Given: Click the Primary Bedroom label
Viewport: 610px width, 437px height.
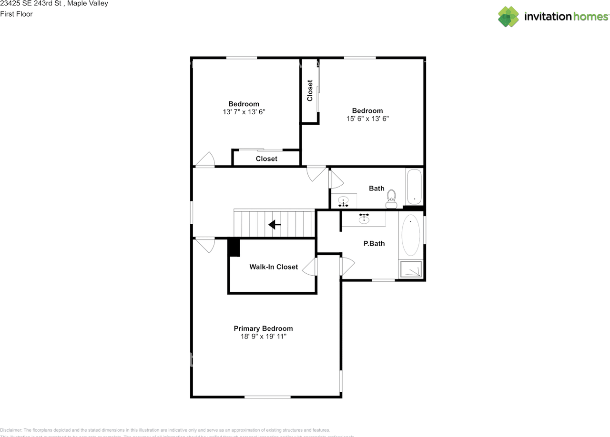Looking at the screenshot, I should (x=263, y=328).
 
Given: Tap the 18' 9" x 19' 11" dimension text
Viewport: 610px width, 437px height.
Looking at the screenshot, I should (x=263, y=337).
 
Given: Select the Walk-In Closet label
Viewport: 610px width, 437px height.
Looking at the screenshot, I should (x=274, y=267).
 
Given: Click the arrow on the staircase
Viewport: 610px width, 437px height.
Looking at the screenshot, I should (x=274, y=224).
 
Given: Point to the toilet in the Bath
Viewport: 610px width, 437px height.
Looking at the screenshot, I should (x=391, y=199).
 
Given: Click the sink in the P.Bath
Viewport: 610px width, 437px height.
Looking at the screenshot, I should (x=365, y=218).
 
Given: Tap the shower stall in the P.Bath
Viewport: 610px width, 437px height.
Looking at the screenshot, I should (x=411, y=269).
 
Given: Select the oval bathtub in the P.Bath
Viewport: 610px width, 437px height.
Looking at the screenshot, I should (x=411, y=236).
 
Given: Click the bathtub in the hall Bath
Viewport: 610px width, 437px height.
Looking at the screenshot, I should (x=414, y=187).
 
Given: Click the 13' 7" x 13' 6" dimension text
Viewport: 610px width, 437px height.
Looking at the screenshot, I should (x=244, y=112).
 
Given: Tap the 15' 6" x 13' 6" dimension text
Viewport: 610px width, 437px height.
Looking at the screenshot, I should (x=367, y=119).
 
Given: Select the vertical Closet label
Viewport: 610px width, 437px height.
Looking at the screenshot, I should (x=310, y=90).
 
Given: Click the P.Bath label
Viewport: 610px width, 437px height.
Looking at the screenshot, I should (x=374, y=244).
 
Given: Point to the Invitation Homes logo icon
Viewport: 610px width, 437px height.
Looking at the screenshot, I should (x=508, y=17).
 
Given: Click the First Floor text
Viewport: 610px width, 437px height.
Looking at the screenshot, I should (x=17, y=14).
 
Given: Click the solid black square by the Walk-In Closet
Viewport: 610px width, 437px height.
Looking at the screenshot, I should (x=234, y=248).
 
